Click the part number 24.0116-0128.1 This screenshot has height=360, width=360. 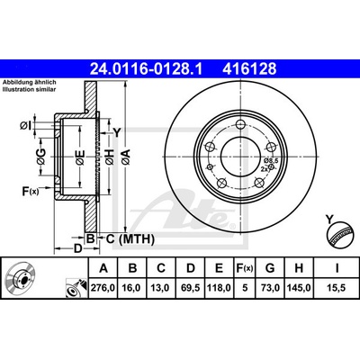pyautogui.click(x=146, y=68)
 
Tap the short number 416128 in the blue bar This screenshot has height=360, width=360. pyautogui.click(x=249, y=68)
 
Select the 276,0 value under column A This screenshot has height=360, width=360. pyautogui.click(x=103, y=288)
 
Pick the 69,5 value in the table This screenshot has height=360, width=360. pyautogui.click(x=191, y=288)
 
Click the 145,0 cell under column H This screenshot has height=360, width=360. pyautogui.click(x=299, y=288)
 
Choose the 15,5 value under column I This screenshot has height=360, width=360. pyautogui.click(x=337, y=288)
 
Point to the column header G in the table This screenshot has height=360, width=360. pyautogui.click(x=270, y=268)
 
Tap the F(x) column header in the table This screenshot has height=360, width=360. pyautogui.click(x=245, y=268)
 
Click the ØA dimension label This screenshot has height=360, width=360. pyautogui.click(x=126, y=157)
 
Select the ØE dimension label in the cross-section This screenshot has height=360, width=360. pyautogui.click(x=80, y=157)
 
